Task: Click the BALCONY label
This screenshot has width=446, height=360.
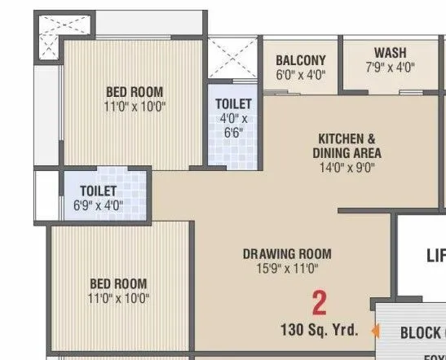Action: [300, 60]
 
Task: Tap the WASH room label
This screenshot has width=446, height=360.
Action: [391, 54]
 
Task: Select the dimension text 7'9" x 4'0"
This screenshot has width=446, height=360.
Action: [391, 68]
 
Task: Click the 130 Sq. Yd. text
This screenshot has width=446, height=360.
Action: [318, 331]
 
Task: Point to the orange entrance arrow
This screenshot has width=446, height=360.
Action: [375, 331]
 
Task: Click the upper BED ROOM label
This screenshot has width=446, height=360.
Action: [135, 92]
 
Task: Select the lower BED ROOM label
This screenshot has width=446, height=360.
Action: [118, 283]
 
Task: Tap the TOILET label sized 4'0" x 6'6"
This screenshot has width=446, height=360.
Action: [233, 104]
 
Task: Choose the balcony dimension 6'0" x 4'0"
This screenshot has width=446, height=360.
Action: [300, 75]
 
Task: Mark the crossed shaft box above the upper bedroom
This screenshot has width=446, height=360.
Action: [48, 24]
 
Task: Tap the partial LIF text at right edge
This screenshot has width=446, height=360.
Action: [435, 256]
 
